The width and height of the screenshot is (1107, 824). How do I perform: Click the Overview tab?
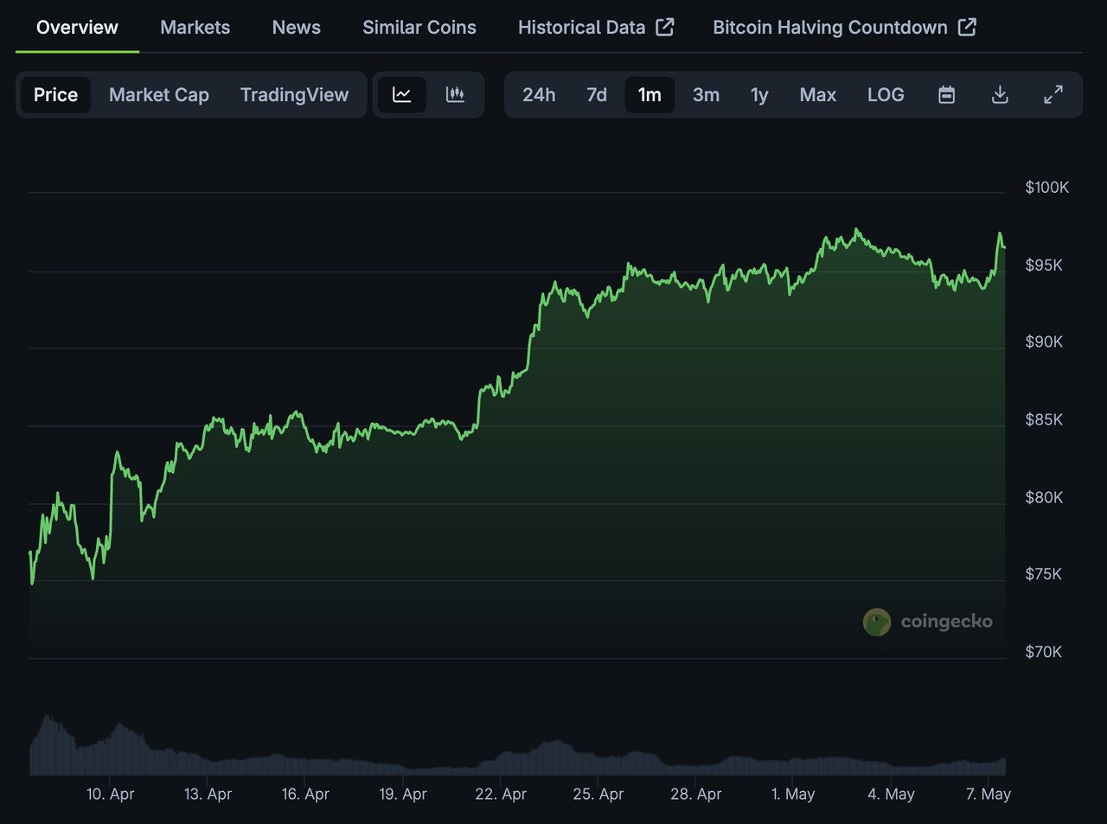pyautogui.click(x=77, y=28)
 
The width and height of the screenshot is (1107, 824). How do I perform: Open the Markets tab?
pyautogui.click(x=195, y=28)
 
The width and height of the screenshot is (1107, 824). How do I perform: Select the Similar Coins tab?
pyautogui.click(x=419, y=28)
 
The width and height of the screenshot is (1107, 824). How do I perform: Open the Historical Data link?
pyautogui.click(x=595, y=28)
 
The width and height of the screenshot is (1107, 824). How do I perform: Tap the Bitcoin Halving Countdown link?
pyautogui.click(x=844, y=28)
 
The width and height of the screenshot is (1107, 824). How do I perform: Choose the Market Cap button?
pyautogui.click(x=159, y=95)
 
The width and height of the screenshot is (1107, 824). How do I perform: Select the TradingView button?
pyautogui.click(x=294, y=95)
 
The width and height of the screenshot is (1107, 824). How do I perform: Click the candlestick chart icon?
pyautogui.click(x=455, y=95)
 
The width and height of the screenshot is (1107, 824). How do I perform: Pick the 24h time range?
pyautogui.click(x=539, y=95)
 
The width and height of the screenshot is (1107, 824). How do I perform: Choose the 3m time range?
pyautogui.click(x=706, y=95)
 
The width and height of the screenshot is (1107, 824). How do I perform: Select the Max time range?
pyautogui.click(x=817, y=95)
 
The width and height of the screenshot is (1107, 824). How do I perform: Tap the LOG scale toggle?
pyautogui.click(x=886, y=95)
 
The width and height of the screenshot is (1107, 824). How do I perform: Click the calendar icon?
pyautogui.click(x=947, y=95)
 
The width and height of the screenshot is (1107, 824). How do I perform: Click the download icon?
pyautogui.click(x=1000, y=95)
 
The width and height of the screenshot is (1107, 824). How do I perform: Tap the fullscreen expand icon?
pyautogui.click(x=1053, y=95)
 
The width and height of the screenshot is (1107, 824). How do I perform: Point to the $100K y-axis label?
pyautogui.click(x=1046, y=188)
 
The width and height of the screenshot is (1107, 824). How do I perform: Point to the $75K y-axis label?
pyautogui.click(x=1043, y=574)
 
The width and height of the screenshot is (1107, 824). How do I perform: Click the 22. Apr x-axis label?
pyautogui.click(x=501, y=794)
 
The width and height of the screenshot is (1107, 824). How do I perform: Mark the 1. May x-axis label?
pyautogui.click(x=793, y=794)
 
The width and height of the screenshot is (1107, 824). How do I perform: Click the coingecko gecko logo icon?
pyautogui.click(x=877, y=622)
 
